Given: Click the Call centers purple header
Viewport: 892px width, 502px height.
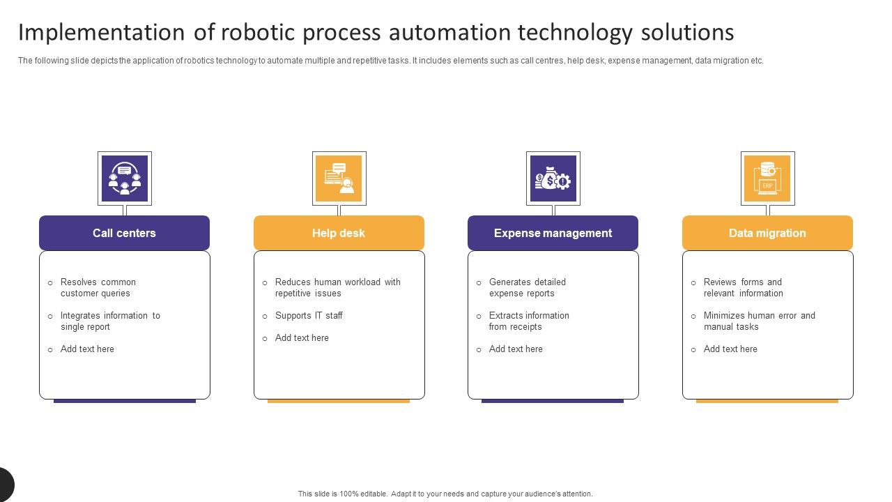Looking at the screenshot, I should point(124,233).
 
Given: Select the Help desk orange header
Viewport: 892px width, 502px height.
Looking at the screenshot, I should point(339,233).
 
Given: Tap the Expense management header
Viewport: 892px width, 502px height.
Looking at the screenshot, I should point(553,233).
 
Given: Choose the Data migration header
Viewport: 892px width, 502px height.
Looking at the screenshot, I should point(767,233).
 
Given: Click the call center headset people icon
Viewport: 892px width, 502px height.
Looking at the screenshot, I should point(125,178).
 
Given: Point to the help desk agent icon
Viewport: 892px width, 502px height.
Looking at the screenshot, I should point(339,178).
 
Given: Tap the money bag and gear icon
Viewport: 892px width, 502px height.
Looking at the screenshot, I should point(553,178).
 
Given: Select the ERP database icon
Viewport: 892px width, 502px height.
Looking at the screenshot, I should point(767,178).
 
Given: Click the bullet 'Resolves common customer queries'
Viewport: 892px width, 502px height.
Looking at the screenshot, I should point(98,288).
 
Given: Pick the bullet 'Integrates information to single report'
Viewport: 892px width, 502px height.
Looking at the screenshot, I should point(109,321).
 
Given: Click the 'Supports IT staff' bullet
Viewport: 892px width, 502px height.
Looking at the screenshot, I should point(309,316).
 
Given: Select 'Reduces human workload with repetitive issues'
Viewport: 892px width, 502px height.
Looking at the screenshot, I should point(337,288).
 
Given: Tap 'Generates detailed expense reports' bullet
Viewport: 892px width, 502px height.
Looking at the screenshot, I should point(527,288).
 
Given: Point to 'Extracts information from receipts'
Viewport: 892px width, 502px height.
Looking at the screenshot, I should point(528,321).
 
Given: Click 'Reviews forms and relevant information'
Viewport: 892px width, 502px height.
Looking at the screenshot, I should point(743,288).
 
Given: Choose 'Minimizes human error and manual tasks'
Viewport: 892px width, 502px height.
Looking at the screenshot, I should point(759,321).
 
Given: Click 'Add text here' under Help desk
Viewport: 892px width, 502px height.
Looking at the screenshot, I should point(302,338).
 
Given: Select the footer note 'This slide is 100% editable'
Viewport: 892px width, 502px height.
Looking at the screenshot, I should point(445,494).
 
